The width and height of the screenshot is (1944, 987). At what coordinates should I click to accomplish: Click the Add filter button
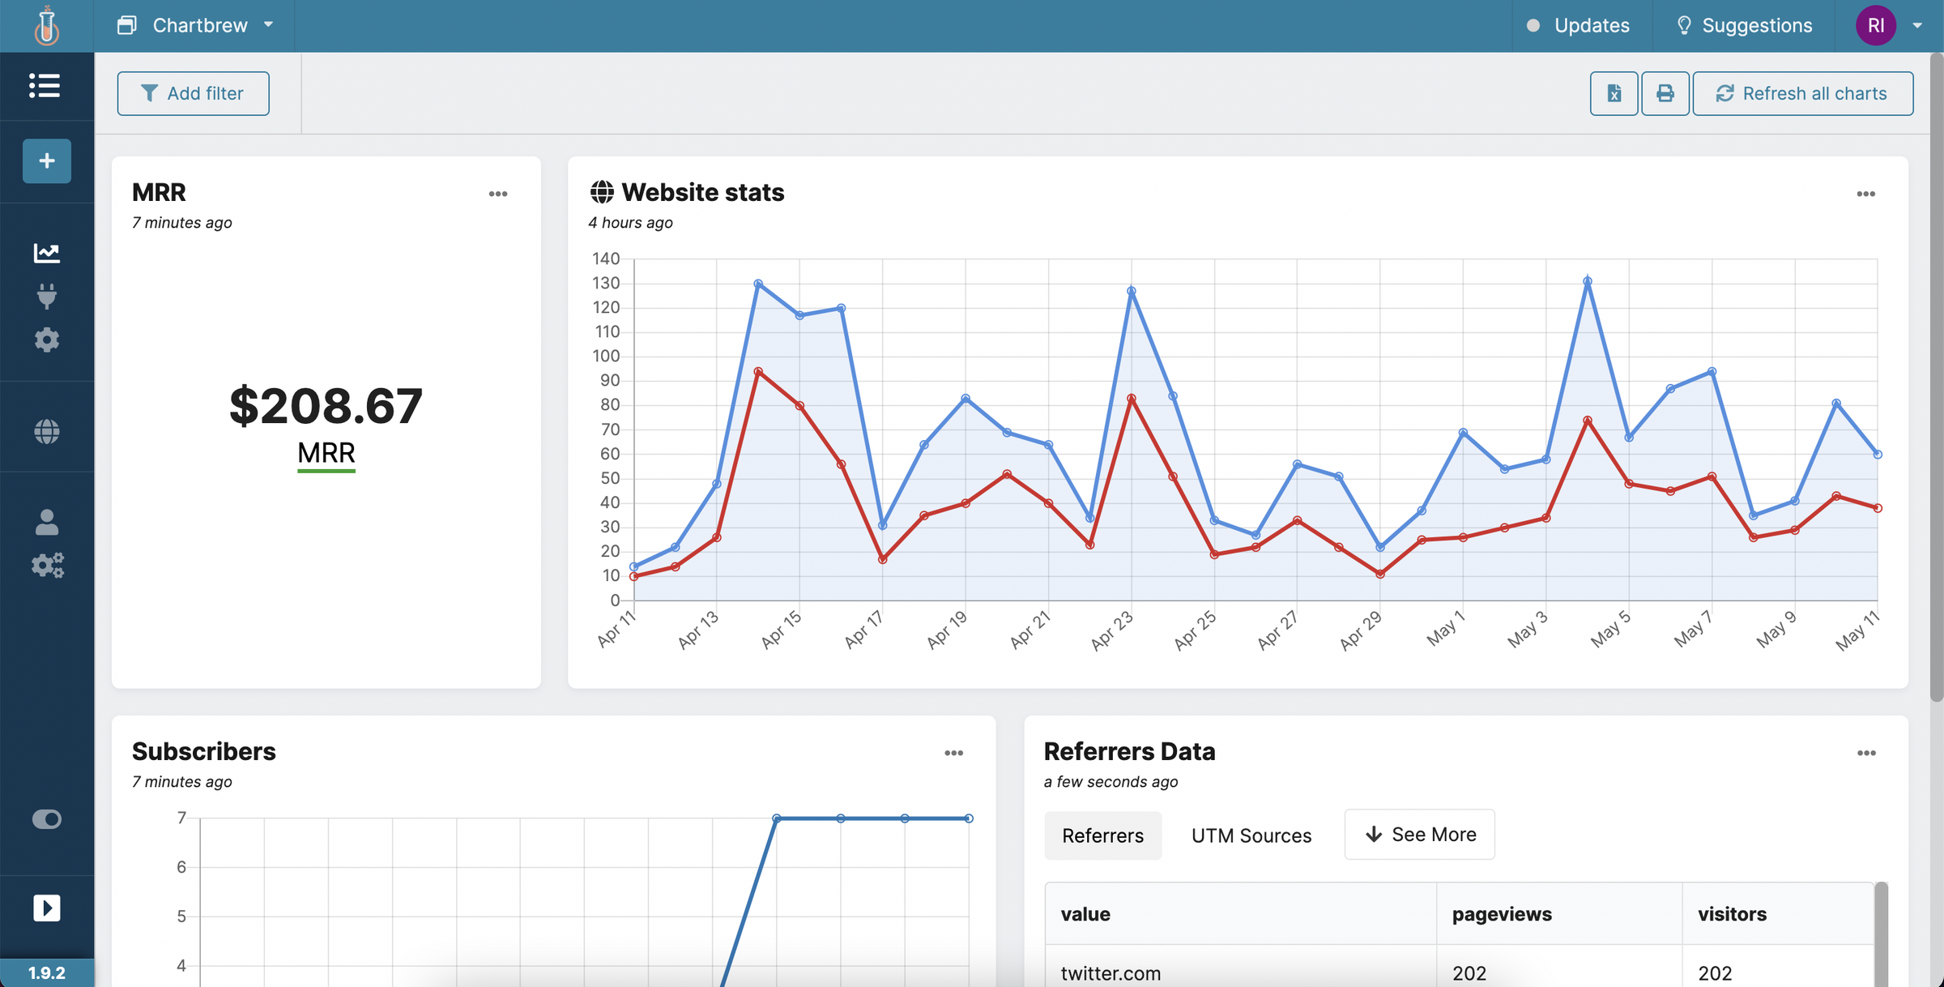tap(193, 93)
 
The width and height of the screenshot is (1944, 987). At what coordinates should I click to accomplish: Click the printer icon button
tap(1665, 93)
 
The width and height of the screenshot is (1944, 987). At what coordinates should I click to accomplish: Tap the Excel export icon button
tap(1614, 93)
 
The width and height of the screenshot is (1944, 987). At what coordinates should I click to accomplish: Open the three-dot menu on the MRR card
tap(498, 194)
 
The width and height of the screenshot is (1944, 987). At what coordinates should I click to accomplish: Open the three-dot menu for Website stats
tap(1865, 194)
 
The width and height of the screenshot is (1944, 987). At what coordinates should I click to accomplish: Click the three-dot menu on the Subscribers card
tap(953, 753)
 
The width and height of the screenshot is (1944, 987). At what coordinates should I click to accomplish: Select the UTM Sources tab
tap(1251, 835)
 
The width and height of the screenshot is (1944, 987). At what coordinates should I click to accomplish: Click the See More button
tap(1419, 834)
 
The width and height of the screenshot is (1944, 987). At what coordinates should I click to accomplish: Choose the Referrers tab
tap(1102, 835)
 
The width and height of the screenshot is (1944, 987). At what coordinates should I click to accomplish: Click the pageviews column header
tap(1502, 913)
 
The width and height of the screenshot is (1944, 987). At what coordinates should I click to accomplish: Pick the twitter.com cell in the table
tap(1111, 972)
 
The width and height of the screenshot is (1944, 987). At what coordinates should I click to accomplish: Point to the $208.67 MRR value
tap(326, 405)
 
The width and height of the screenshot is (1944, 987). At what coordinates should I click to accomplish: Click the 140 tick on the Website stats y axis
tap(606, 258)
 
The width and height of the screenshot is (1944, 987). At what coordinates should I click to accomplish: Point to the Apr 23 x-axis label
tap(1113, 630)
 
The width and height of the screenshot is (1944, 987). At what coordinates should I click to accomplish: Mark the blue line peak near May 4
tap(1588, 281)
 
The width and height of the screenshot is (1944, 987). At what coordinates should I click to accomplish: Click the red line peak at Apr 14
tap(758, 371)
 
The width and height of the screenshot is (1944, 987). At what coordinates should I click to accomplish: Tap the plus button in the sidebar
tap(47, 160)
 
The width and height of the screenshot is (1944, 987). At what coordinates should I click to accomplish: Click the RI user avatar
tap(1875, 25)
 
